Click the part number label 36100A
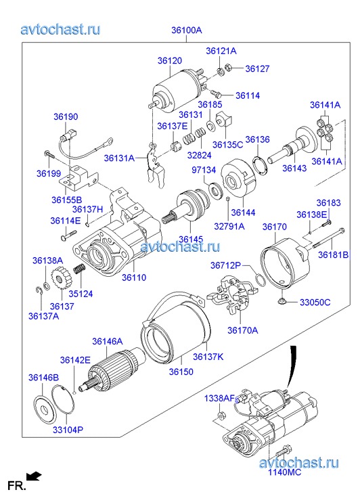[187, 30]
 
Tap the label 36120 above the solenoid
[169, 60]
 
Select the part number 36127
[257, 68]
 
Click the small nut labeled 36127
[229, 67]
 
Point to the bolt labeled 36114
[217, 93]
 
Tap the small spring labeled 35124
[79, 270]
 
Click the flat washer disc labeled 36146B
[45, 409]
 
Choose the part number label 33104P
[68, 430]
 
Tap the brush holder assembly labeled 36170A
[231, 294]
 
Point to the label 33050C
[315, 303]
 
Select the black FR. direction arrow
[34, 476]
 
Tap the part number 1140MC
[285, 472]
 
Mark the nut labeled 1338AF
[221, 416]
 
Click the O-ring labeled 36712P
[261, 280]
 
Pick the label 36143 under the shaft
[294, 169]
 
